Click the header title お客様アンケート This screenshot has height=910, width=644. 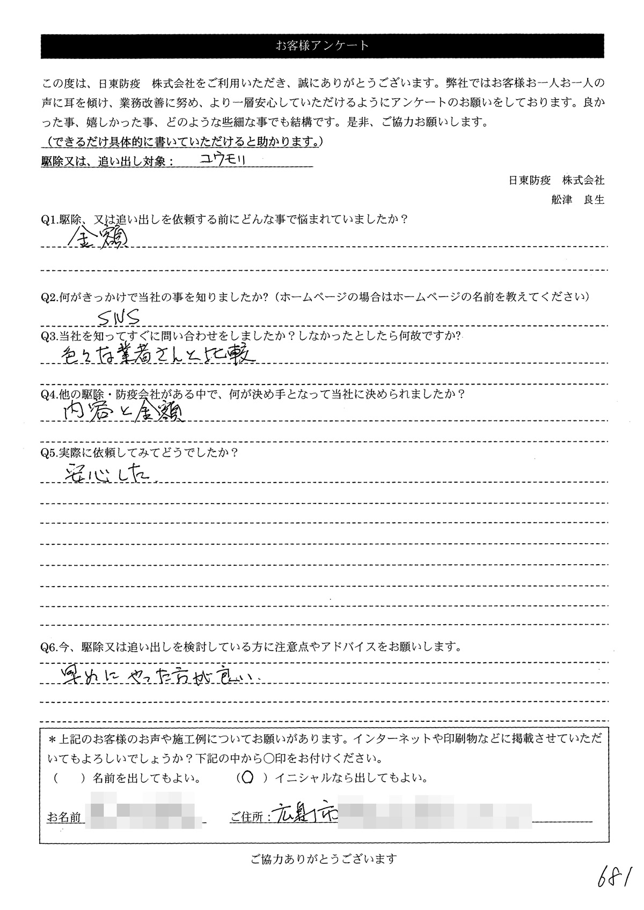tap(322, 46)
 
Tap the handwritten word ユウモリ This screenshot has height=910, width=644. tap(222, 159)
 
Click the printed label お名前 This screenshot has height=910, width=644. tap(64, 817)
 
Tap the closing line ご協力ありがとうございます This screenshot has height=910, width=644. tap(324, 859)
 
